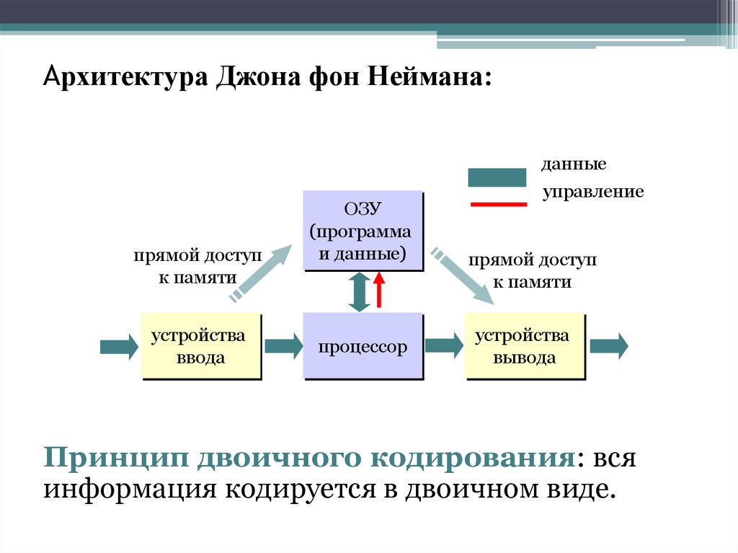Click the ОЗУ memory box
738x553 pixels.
362,230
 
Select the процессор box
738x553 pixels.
362,346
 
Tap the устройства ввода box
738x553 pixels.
200,346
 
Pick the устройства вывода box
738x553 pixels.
524,346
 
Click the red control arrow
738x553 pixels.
380,291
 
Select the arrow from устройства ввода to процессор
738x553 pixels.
283,346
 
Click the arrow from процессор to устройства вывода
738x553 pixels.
444,346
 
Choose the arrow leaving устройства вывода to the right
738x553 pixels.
608,346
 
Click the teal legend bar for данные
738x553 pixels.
497,177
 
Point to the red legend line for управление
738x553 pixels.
498,204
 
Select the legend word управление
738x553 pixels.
592,193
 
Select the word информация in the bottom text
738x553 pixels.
130,490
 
